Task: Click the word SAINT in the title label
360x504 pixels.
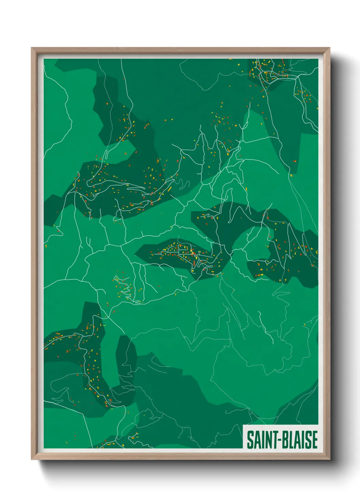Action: point(261,440)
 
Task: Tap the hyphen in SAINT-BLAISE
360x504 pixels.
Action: point(277,440)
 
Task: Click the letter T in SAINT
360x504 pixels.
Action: point(273,440)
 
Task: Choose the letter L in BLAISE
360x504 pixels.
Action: point(290,440)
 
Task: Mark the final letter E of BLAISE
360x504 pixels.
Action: point(314,440)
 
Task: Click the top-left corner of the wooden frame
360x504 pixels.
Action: point(32,48)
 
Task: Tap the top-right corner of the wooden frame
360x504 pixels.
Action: point(329,48)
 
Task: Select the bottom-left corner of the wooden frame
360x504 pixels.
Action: point(32,459)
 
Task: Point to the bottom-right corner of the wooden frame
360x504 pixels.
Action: point(329,459)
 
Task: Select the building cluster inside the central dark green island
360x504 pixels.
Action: point(185,254)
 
